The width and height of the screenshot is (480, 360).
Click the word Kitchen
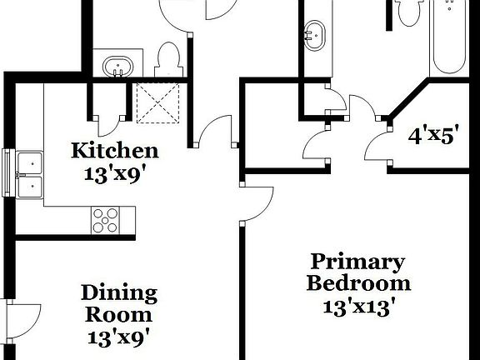pyautogui.click(x=114, y=151)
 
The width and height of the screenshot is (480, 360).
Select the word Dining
pyautogui.click(x=118, y=293)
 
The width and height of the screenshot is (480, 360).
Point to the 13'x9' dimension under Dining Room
pyautogui.click(x=118, y=337)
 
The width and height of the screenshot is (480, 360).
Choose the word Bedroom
pyautogui.click(x=358, y=283)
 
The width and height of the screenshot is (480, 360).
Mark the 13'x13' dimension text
pyautogui.click(x=358, y=305)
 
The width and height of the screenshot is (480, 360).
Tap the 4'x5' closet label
pyautogui.click(x=432, y=135)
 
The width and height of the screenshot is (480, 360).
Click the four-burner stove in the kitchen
pyautogui.click(x=106, y=220)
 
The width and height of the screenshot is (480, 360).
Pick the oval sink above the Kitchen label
pyautogui.click(x=117, y=67)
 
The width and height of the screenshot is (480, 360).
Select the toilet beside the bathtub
pyautogui.click(x=407, y=12)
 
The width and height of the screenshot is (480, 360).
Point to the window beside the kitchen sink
pyautogui.click(x=7, y=175)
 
